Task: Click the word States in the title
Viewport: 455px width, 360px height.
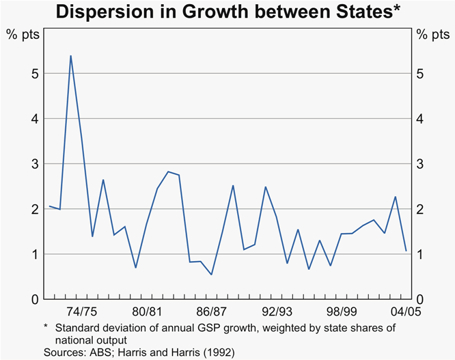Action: point(363,12)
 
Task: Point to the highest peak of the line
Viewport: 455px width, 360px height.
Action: point(71,56)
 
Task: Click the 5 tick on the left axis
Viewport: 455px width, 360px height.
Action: point(31,74)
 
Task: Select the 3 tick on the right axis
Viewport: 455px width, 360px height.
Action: point(424,164)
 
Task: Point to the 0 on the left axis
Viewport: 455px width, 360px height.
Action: point(31,299)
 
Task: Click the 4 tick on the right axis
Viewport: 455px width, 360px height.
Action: point(424,119)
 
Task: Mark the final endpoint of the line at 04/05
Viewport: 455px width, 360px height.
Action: point(406,251)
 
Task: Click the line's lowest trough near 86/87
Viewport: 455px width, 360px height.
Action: point(211,275)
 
